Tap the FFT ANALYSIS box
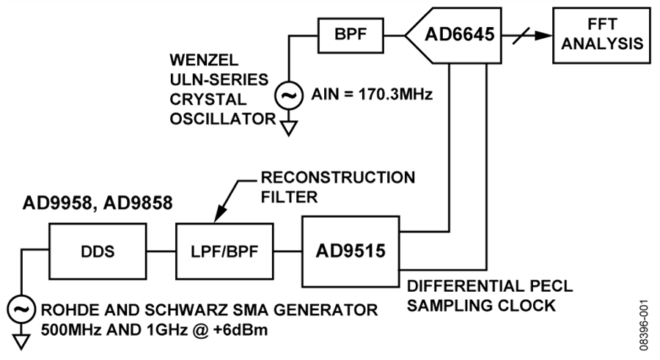click(601, 35)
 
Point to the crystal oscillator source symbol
click(289, 95)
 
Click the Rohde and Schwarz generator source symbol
click(21, 310)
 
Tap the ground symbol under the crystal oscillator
click(289, 128)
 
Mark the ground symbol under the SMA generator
click(21, 342)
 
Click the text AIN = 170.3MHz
click(372, 95)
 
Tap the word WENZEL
click(204, 60)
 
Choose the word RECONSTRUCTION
click(338, 177)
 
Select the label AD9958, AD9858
click(98, 203)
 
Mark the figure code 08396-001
click(645, 325)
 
